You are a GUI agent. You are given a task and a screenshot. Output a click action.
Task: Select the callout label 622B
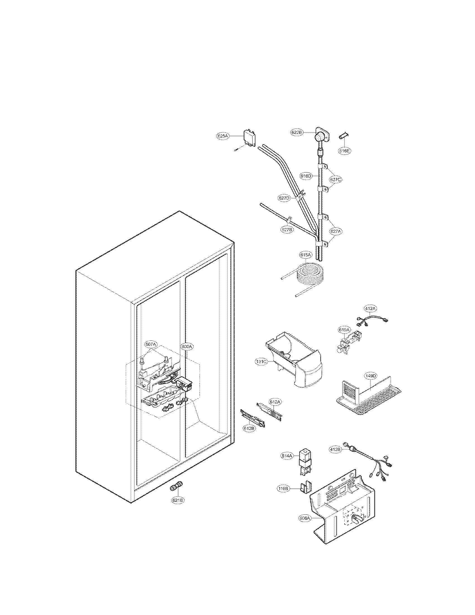point(297,132)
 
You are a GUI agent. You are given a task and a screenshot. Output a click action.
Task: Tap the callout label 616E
point(345,151)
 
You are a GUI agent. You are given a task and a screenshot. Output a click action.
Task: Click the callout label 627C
point(335,179)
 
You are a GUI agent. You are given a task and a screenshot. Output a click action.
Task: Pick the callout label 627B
point(287,230)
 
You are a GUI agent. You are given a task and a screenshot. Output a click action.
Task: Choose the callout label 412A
point(370,309)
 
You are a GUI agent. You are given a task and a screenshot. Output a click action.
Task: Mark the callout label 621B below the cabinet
point(179,500)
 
